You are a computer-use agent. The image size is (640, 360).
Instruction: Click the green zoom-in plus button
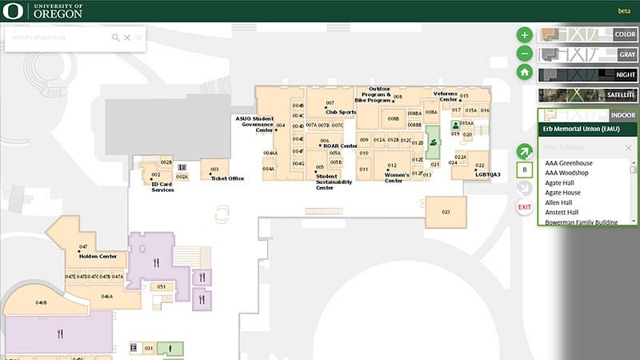(524, 34)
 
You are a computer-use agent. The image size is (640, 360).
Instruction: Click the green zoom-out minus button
(524, 54)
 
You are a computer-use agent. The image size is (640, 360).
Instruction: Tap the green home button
(524, 72)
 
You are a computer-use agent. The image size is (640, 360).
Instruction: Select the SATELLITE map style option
(587, 94)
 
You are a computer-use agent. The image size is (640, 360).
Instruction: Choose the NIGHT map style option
(587, 74)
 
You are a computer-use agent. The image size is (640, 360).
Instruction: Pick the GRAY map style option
(587, 54)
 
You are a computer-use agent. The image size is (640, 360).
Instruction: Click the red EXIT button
(524, 207)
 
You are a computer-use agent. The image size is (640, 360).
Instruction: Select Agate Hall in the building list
(564, 182)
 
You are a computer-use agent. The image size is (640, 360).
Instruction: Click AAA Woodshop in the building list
(567, 173)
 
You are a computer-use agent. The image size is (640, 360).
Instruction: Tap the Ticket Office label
(227, 178)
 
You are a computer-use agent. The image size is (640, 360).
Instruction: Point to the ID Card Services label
(162, 186)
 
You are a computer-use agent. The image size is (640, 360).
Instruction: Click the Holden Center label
(98, 257)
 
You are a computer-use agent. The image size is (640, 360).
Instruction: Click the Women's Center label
(398, 178)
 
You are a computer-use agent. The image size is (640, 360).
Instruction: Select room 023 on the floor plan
(446, 212)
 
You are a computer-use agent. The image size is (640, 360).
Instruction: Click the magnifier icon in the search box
(115, 38)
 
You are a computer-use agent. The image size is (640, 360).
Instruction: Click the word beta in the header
(624, 11)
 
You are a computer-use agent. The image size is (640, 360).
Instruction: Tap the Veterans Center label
(448, 96)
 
